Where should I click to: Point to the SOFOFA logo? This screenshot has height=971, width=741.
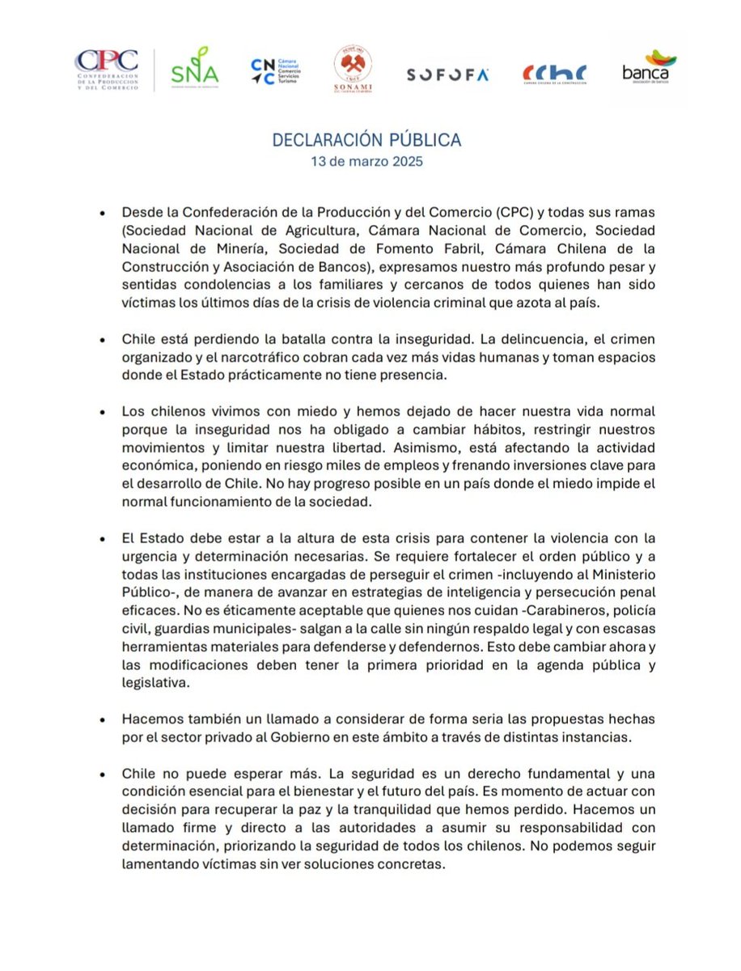click(447, 74)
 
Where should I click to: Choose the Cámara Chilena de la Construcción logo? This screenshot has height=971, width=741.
click(554, 74)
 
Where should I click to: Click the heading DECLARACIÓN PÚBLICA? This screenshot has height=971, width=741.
click(366, 140)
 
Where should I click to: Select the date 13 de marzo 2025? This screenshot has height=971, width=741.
click(366, 161)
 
